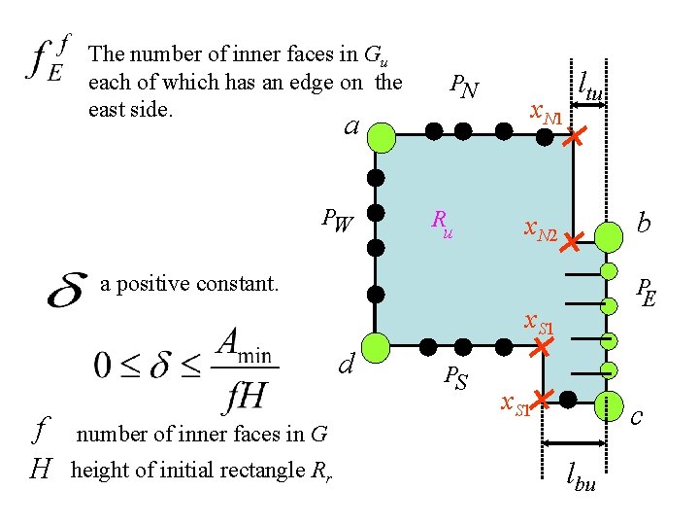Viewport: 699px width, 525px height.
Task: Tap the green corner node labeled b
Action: pos(609,235)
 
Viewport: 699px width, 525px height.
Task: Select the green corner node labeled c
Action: pos(611,404)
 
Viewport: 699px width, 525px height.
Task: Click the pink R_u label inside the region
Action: pos(441,225)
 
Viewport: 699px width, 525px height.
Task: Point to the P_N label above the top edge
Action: pos(463,87)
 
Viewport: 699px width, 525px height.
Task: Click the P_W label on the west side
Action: pos(337,223)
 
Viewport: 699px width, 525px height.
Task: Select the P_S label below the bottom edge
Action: pos(455,376)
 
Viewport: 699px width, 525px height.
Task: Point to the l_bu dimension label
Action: pos(582,476)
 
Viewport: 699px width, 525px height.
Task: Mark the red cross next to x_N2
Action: pos(570,240)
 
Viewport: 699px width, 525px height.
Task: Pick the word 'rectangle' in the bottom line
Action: pos(265,471)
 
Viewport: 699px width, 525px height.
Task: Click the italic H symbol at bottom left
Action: pos(40,471)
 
